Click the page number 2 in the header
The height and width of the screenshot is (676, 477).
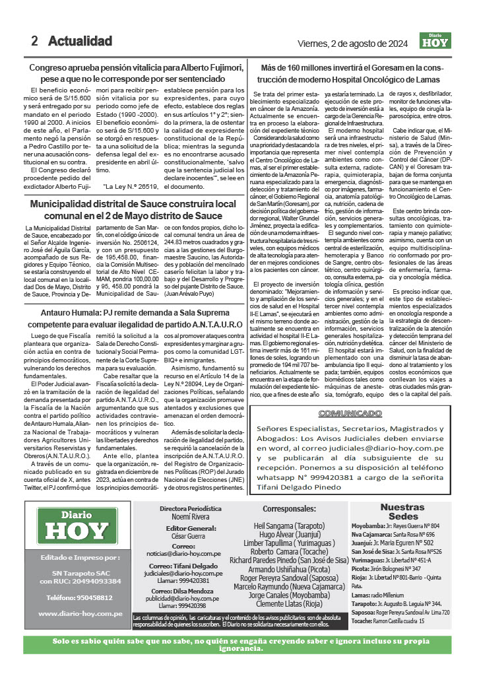pyautogui.click(x=34, y=41)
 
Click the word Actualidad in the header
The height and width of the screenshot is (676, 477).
pyautogui.click(x=80, y=41)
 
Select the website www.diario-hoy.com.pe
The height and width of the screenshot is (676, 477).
pyautogui.click(x=80, y=613)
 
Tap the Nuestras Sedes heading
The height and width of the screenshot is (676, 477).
pyautogui.click(x=402, y=512)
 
